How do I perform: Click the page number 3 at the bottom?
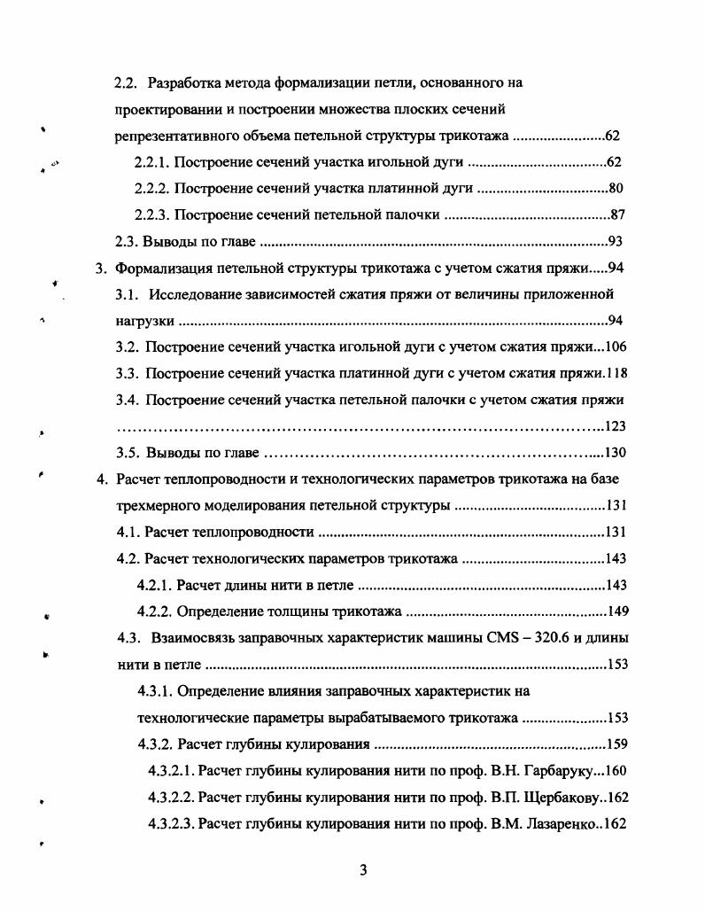point(363,869)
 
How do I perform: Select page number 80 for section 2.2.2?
point(617,189)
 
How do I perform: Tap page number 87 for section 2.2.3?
point(618,215)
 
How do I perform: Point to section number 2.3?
point(128,241)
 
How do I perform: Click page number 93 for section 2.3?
point(617,242)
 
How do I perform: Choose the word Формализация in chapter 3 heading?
point(159,269)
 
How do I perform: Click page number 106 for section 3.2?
point(616,346)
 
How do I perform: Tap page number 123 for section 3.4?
point(616,426)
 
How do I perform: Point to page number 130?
point(616,454)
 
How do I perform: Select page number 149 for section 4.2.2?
point(616,611)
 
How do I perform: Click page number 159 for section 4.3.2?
point(616,744)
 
